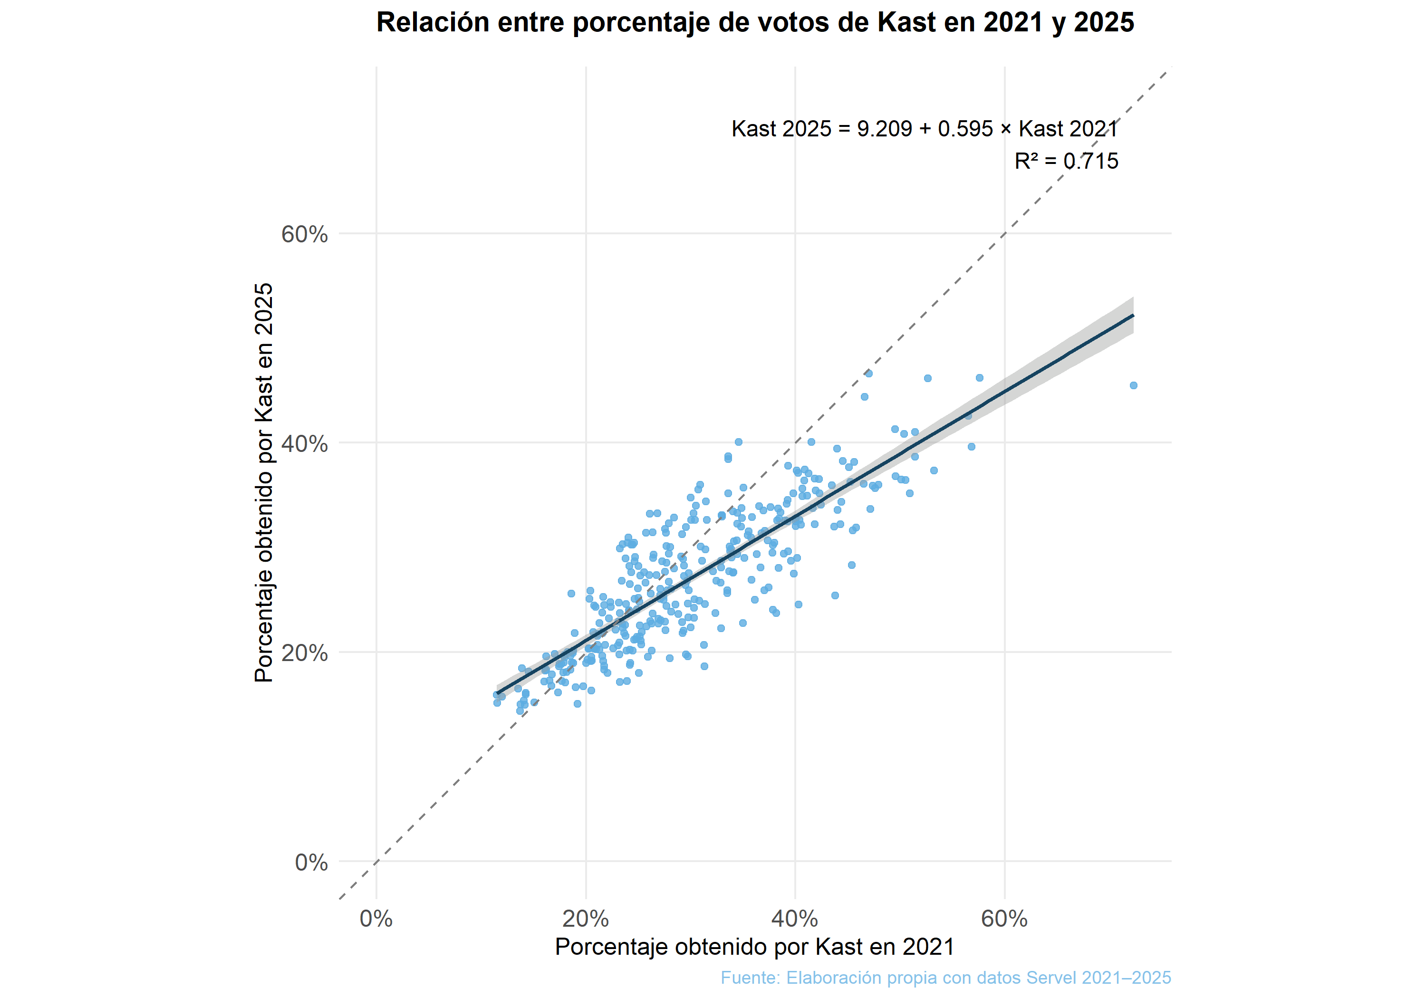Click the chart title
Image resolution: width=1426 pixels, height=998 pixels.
755,23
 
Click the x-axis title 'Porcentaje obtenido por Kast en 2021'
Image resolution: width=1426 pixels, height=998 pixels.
755,947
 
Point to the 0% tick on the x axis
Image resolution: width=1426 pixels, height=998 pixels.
376,919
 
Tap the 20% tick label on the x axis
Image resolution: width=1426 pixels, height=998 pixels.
585,919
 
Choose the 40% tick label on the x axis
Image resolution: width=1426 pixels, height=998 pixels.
794,919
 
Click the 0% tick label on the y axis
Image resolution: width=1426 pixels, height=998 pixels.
311,863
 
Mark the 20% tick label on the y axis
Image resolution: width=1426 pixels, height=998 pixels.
304,653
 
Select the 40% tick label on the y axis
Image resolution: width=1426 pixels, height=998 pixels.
304,444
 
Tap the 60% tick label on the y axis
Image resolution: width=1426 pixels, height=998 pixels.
304,235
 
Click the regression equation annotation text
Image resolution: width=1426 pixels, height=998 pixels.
924,129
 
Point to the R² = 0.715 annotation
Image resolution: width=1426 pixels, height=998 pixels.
1066,162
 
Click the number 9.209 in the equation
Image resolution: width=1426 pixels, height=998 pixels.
885,129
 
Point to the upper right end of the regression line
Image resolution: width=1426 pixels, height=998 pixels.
1132,316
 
